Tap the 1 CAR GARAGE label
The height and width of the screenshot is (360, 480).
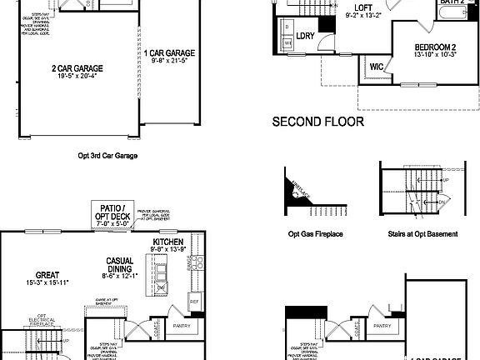click(x=162, y=52)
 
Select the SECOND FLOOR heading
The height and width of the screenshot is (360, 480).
click(x=318, y=122)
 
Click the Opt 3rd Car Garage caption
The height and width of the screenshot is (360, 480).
click(x=107, y=155)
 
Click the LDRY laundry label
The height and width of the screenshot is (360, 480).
click(x=306, y=36)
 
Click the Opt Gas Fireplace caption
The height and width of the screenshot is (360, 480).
click(x=315, y=234)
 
